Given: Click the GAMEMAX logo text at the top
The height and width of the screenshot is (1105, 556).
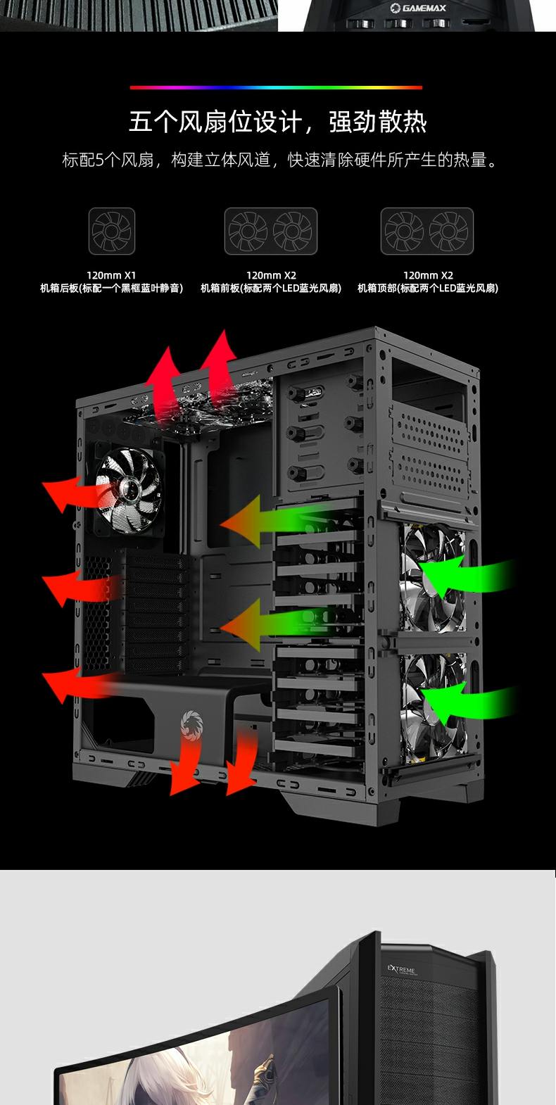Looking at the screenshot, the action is point(418,8).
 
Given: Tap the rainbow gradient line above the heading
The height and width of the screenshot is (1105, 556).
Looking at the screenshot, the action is point(277,87).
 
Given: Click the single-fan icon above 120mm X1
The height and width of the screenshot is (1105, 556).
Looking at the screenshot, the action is point(111,231).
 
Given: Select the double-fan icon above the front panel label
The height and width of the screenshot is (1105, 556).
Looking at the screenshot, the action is point(271,231).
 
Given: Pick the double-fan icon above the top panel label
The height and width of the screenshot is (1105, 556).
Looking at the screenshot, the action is point(427,231).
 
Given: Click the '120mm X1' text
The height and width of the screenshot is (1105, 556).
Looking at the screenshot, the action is point(111,275).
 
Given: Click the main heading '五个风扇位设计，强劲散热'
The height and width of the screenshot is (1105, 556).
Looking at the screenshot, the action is point(278,122).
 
